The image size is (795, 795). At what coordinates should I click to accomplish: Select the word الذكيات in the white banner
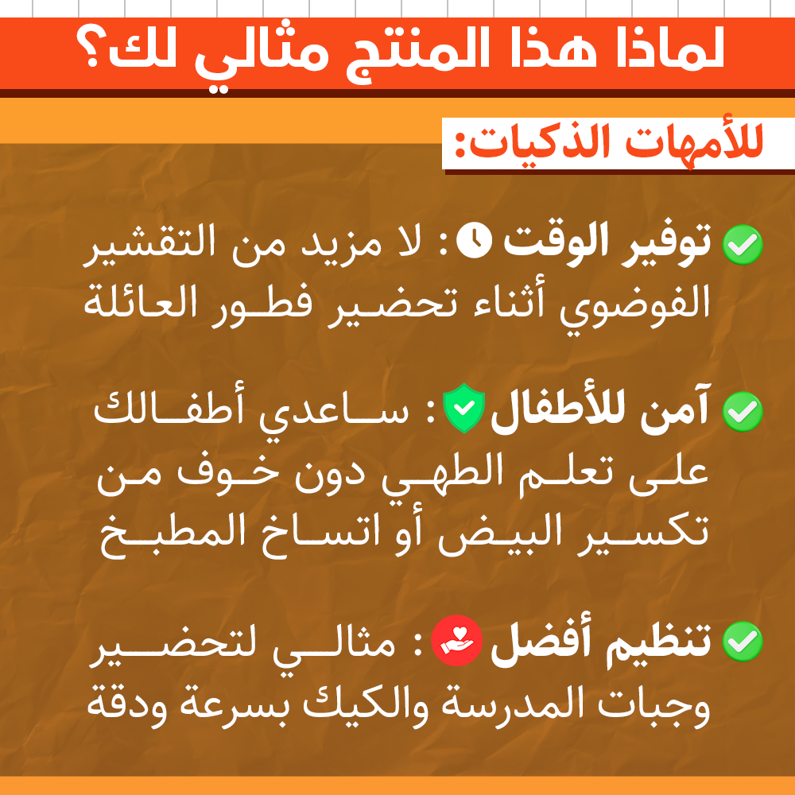(537, 142)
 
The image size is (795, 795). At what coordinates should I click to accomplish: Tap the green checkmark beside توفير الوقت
(743, 245)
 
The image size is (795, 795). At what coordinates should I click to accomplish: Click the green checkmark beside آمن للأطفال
(743, 412)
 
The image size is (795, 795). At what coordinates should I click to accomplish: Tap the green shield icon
(464, 408)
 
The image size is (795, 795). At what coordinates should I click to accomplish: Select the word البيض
(500, 535)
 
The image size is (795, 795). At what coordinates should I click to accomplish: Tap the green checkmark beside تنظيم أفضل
(743, 642)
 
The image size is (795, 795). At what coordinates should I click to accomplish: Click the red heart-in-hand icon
(456, 640)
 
